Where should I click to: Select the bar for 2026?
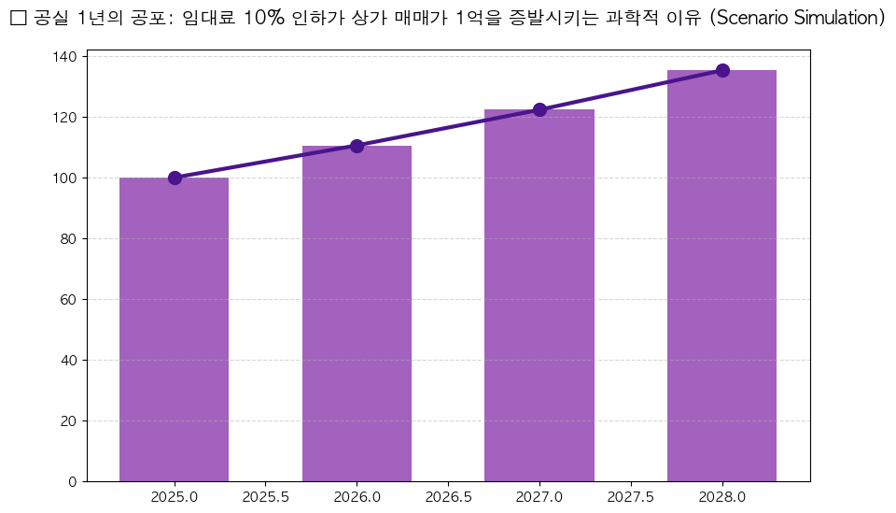pos(357,313)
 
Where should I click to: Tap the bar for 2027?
pos(539,295)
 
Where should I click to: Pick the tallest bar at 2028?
pos(721,276)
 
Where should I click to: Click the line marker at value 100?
pos(175,178)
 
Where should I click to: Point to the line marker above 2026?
pos(357,146)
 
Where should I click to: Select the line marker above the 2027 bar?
pos(539,109)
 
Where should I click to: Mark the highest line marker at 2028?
pos(722,70)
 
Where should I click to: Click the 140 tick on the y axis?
pos(66,57)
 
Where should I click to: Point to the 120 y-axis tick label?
pos(66,118)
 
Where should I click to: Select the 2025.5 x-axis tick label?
pos(265,497)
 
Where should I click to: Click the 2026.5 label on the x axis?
pos(448,497)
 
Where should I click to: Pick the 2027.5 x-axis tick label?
pos(631,497)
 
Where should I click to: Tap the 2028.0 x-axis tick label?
pos(721,497)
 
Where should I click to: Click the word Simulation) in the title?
pos(835,19)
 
